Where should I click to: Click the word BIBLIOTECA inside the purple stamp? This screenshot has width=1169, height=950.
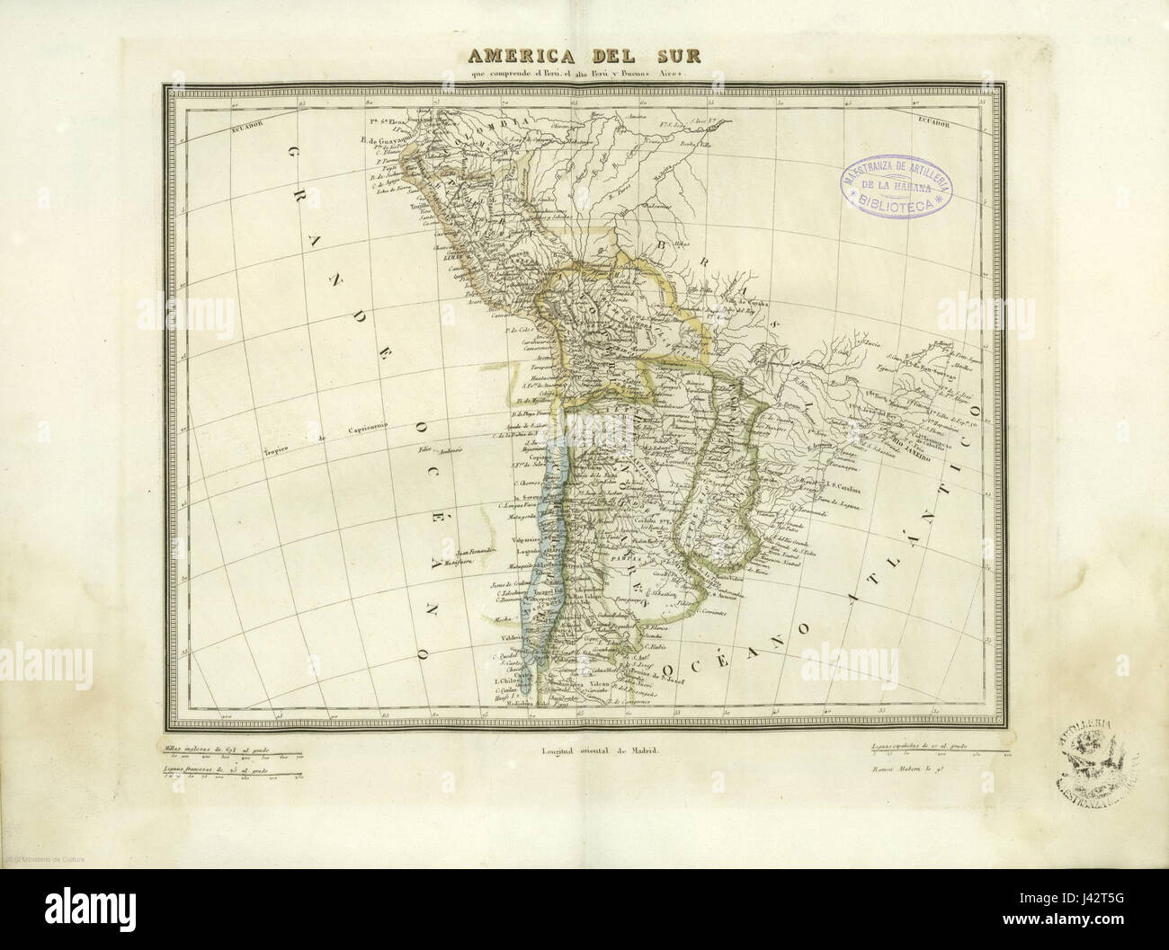(897, 204)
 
